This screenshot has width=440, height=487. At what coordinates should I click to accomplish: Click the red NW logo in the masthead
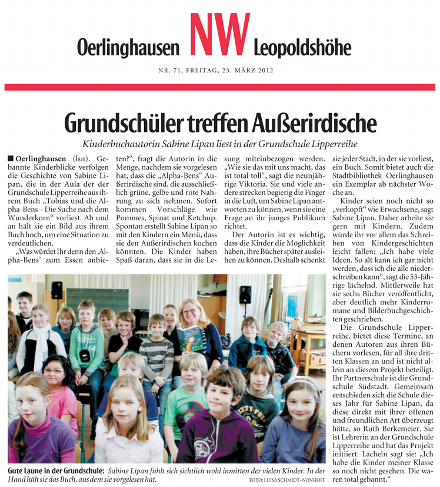[217, 37]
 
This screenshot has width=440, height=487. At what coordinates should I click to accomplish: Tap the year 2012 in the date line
[259, 71]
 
